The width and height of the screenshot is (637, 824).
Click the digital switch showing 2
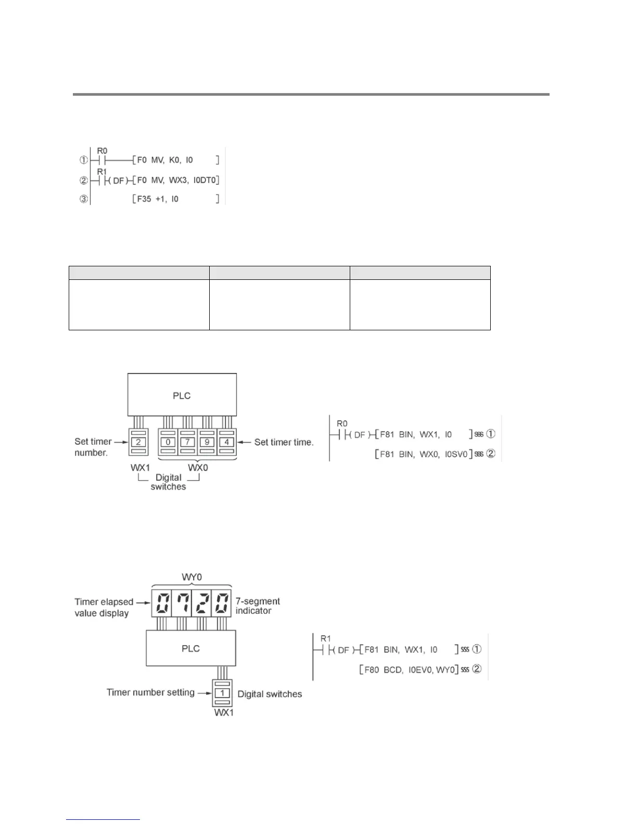click(138, 442)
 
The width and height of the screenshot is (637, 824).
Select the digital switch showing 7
click(187, 442)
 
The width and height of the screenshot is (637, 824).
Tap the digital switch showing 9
click(207, 442)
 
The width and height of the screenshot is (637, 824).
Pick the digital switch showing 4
click(226, 442)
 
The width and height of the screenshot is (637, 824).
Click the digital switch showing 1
click(223, 693)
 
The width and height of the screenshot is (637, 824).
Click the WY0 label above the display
click(192, 577)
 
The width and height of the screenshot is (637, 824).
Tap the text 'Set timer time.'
click(284, 442)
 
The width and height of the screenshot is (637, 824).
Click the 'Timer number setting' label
click(150, 692)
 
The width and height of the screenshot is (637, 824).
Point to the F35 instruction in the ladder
click(144, 199)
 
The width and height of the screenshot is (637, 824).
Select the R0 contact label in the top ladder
click(103, 151)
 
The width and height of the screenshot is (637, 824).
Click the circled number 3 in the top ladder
click(84, 199)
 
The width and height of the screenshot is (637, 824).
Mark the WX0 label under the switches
click(198, 468)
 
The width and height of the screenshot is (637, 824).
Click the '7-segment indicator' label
click(257, 606)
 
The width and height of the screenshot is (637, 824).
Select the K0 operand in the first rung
click(174, 160)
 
